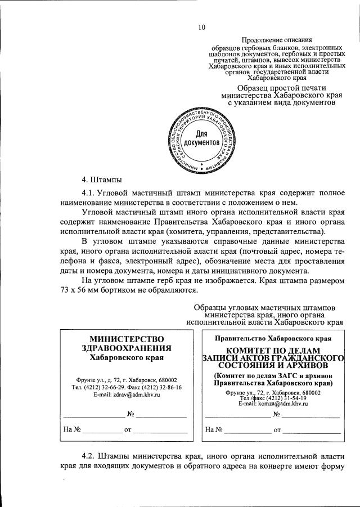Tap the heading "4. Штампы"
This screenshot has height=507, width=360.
tap(102, 181)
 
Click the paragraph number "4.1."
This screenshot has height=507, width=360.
tap(92, 192)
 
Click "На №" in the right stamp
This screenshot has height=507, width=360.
tap(214, 430)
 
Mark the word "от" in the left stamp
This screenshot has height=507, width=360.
tap(127, 430)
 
